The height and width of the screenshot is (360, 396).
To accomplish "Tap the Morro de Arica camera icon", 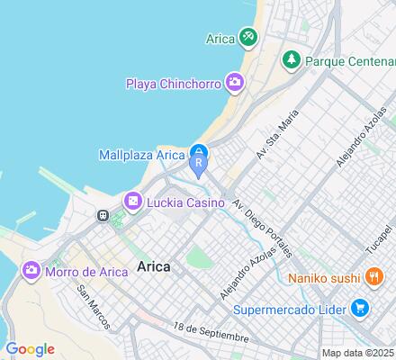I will click(x=31, y=270).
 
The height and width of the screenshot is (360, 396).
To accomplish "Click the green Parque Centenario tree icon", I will click(x=291, y=60).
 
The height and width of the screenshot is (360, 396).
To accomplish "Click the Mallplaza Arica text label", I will click(x=140, y=156).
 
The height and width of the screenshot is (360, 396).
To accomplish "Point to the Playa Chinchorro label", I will click(x=173, y=85).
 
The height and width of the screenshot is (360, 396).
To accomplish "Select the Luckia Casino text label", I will click(x=184, y=202).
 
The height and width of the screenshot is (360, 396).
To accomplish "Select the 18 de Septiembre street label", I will click(x=211, y=331).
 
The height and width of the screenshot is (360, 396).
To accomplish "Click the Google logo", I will click(x=30, y=348).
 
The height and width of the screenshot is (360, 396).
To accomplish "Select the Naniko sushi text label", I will click(x=326, y=277).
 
